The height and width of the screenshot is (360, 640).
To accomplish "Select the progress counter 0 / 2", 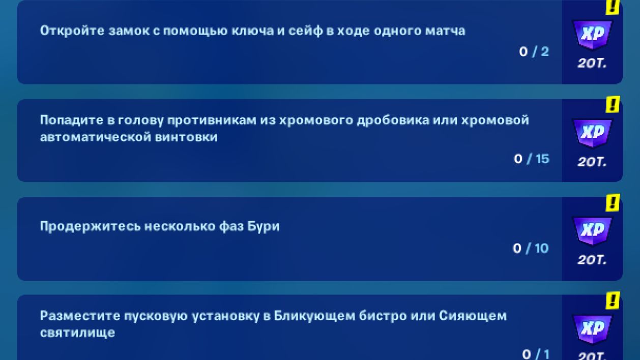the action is [534, 52].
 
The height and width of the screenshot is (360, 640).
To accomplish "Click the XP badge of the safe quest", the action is [592, 35].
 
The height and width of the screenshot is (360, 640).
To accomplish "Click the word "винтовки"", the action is [186, 137].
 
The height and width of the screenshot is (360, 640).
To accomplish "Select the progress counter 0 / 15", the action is [532, 159].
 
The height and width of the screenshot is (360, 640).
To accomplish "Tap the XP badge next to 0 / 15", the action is [592, 133].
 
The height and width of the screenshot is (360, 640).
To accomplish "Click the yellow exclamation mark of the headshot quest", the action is [613, 104].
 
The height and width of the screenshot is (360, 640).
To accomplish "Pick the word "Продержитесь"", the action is [90, 226].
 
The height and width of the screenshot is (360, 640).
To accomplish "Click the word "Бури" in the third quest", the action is [264, 226].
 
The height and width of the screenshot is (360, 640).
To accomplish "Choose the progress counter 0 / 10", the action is [531, 248].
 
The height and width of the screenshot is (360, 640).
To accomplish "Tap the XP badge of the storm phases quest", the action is [592, 231].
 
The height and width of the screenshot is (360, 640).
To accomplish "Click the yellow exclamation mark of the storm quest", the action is [613, 202].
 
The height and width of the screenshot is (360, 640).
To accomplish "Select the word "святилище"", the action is [77, 333].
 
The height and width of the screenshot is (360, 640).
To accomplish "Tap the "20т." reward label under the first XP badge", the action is [592, 63].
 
